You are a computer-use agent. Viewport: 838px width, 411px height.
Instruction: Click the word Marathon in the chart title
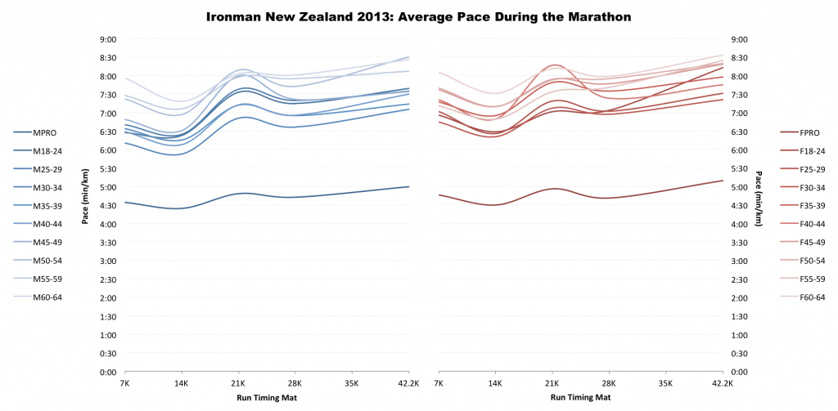[x=597, y=16]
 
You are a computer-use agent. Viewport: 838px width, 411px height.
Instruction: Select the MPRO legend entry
[x=45, y=132]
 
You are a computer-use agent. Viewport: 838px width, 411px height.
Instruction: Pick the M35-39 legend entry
[x=47, y=206]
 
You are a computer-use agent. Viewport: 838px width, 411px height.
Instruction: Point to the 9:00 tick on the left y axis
[x=107, y=39]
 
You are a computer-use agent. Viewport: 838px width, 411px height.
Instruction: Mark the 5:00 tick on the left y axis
[x=107, y=187]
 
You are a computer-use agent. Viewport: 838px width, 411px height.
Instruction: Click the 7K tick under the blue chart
[x=124, y=382]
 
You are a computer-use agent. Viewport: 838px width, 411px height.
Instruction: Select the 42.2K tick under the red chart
[x=723, y=382]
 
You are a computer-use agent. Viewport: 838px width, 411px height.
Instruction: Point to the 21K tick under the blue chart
[x=238, y=382]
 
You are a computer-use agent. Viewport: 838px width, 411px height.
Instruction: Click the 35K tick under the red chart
[x=665, y=382]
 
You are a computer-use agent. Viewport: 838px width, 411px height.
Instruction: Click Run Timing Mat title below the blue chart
[x=266, y=398]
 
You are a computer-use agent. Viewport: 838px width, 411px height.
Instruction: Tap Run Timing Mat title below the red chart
[x=580, y=398]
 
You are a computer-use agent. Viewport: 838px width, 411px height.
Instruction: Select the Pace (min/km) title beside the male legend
[x=84, y=197]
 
